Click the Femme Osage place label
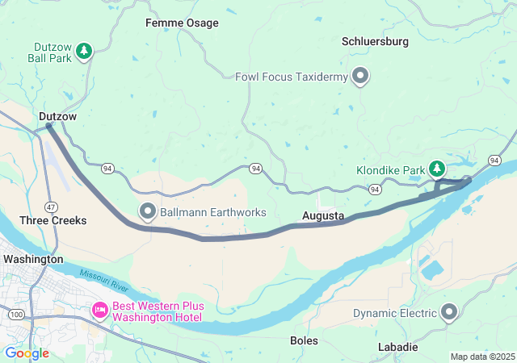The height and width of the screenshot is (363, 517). [182, 23]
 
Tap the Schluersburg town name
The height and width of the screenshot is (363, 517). [375, 41]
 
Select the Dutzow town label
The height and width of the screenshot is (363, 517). [57, 117]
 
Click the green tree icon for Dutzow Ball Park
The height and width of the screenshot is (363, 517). [84, 52]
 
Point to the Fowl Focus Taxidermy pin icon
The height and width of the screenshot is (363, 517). [360, 77]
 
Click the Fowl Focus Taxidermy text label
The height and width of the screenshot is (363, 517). [292, 77]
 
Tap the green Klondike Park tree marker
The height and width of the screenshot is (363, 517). [437, 168]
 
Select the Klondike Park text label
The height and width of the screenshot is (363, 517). [390, 171]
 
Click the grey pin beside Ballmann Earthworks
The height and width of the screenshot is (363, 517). [148, 212]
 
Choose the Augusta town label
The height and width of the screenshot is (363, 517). [323, 216]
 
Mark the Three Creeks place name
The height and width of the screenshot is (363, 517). [53, 220]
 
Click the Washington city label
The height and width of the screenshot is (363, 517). [33, 259]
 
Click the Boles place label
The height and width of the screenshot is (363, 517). [304, 341]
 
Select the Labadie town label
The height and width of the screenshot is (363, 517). [398, 347]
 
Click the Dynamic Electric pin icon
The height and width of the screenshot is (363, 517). [450, 312]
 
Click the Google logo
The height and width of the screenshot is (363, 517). [27, 353]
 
